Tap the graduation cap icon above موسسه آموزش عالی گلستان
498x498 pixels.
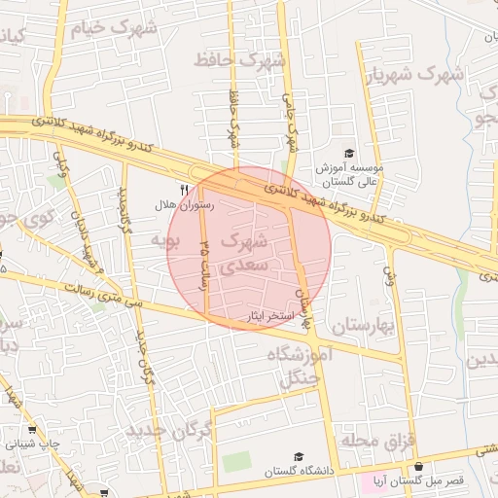click(349, 153)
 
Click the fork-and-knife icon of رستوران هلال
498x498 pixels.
click(185, 189)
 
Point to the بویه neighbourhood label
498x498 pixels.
click(166, 237)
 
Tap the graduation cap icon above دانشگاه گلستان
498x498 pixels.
click(300, 456)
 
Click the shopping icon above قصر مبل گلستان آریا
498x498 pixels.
click(417, 466)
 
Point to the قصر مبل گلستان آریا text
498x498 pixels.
click(427, 480)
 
